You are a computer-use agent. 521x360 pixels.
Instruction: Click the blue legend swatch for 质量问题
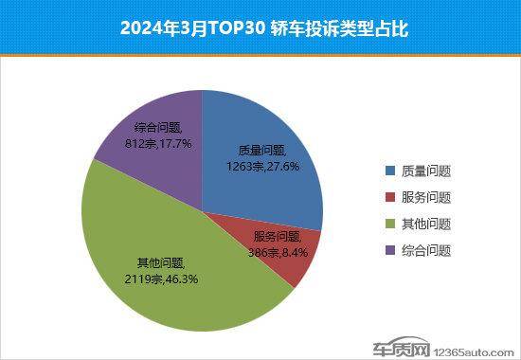coord(390,171)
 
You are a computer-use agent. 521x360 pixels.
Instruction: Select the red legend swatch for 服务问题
coord(390,198)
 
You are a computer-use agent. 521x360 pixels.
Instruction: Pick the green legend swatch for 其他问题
coord(390,225)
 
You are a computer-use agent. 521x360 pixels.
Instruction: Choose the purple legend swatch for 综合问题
coord(390,251)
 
